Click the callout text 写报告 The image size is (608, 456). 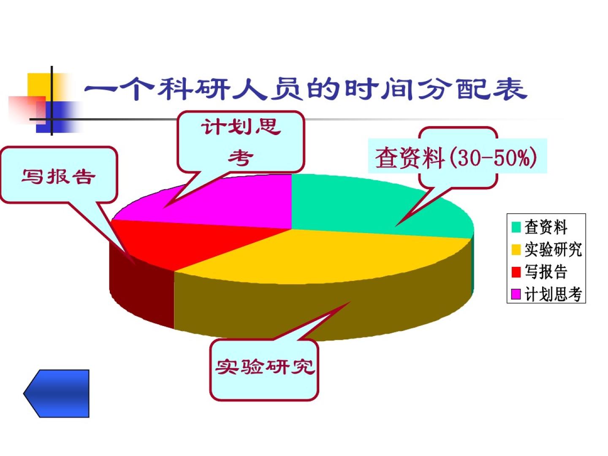click(59, 176)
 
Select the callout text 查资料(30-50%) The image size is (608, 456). click(456, 158)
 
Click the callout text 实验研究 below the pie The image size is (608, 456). click(265, 367)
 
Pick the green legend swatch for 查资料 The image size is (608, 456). click(516, 227)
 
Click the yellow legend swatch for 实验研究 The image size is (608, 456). click(516, 249)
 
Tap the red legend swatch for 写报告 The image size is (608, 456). click(516, 271)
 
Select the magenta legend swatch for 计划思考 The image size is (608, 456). click(516, 294)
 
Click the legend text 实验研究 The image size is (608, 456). click(553, 249)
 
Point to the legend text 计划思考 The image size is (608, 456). click(553, 294)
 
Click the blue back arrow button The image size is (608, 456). click(57, 394)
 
